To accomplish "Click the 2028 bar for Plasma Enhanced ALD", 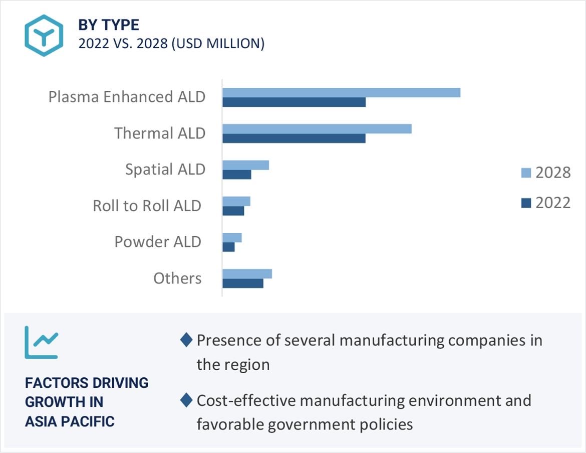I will [x=341, y=92].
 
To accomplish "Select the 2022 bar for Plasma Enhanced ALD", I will [x=294, y=102].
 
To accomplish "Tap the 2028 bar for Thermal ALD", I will [x=317, y=129].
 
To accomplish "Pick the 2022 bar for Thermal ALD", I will [x=294, y=138].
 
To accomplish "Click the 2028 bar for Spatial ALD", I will [x=246, y=165].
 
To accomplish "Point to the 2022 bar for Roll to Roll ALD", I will [x=233, y=211].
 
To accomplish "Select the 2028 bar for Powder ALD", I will [x=232, y=237].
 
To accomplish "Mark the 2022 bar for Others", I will [x=243, y=283].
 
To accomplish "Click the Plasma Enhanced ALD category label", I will [x=127, y=97].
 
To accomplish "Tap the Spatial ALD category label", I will [x=165, y=170].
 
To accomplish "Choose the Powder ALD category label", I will [x=158, y=242].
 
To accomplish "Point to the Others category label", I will [x=177, y=278].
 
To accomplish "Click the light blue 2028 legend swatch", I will [x=526, y=173].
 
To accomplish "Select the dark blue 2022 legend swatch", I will [x=526, y=203].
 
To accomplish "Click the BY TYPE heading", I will [x=109, y=25].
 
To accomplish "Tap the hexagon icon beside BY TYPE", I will [x=44, y=35].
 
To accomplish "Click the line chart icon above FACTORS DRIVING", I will [x=42, y=342].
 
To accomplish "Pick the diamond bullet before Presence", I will [x=186, y=340].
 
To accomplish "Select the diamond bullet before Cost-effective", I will [x=186, y=400].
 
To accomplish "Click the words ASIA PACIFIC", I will [x=70, y=421].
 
